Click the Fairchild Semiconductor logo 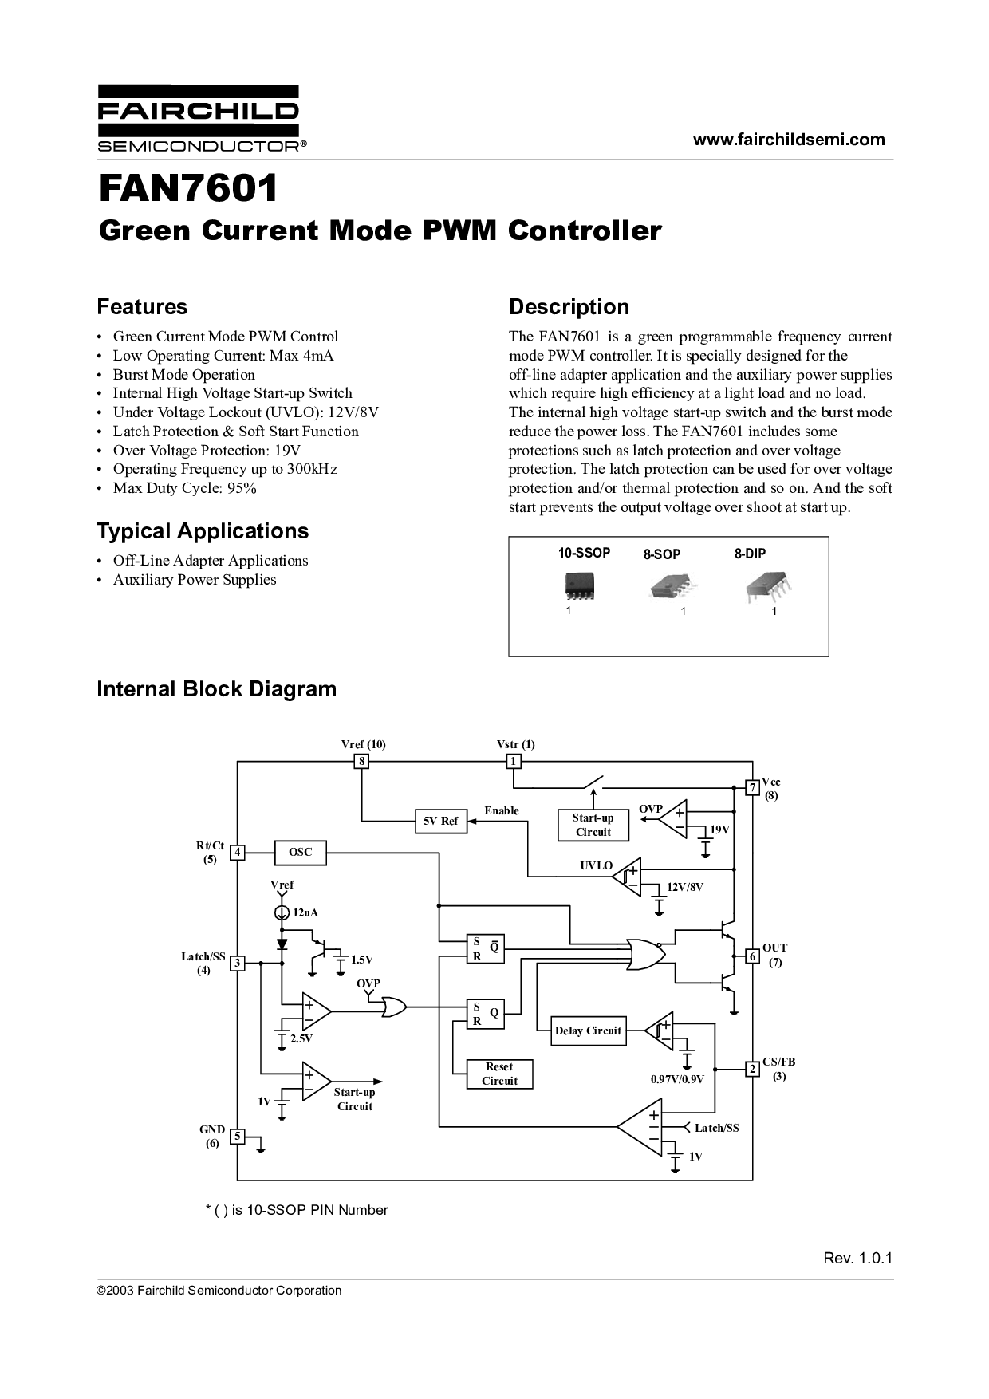coord(198,118)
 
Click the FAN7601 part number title coord(188,188)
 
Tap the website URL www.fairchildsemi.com coord(788,140)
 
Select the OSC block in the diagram coord(301,852)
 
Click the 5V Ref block coord(440,821)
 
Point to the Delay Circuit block coord(588,1031)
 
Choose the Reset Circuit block coord(499,1074)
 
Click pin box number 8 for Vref coord(361,761)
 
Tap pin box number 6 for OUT coord(751,956)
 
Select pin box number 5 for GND coord(237,1136)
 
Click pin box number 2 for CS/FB coord(751,1069)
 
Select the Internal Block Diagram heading coord(216,689)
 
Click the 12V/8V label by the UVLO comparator coord(685,886)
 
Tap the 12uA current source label coord(305,912)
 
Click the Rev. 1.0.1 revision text coord(857,1258)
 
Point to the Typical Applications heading coord(203,531)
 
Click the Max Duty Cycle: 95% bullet coord(184,488)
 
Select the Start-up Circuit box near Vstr coord(593,825)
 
